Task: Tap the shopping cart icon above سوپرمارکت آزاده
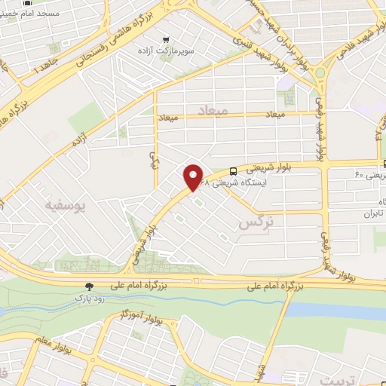(x=166, y=39)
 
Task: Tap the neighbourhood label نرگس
(x=255, y=223)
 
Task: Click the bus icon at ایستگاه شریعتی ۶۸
(x=232, y=171)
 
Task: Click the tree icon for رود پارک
(x=90, y=286)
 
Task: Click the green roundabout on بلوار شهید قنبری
(x=322, y=73)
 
